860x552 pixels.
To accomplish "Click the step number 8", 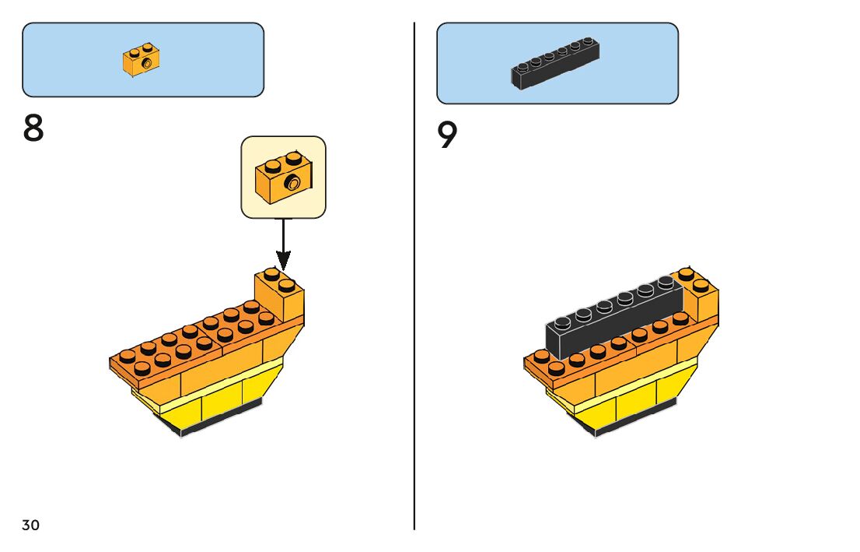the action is coord(33,128).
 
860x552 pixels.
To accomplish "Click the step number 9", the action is coord(447,135).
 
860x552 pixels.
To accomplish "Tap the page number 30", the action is coord(31,525).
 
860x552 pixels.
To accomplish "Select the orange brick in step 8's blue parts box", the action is coord(142,60).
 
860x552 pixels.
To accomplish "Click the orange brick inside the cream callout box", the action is coord(284,178).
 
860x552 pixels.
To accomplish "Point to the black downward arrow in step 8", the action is coord(283,244).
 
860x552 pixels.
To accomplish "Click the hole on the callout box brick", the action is coord(293,182).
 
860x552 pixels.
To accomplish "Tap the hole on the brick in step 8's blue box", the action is coord(146,64).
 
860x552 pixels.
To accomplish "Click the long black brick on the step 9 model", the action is coord(614,316).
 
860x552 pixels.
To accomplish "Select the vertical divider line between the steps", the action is coord(414,276).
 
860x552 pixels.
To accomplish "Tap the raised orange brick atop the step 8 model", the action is coord(279,296).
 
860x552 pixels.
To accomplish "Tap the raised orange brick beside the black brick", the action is coord(698,297).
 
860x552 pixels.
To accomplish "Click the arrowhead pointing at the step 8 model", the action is coord(283,260).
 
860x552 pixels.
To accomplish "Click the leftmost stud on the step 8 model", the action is coord(128,357).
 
